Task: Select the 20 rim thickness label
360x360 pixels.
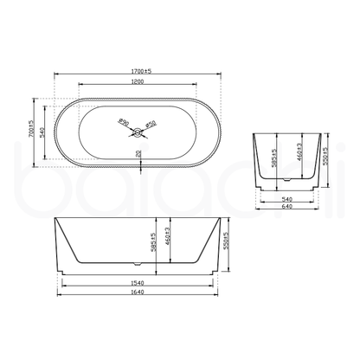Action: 139,154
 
